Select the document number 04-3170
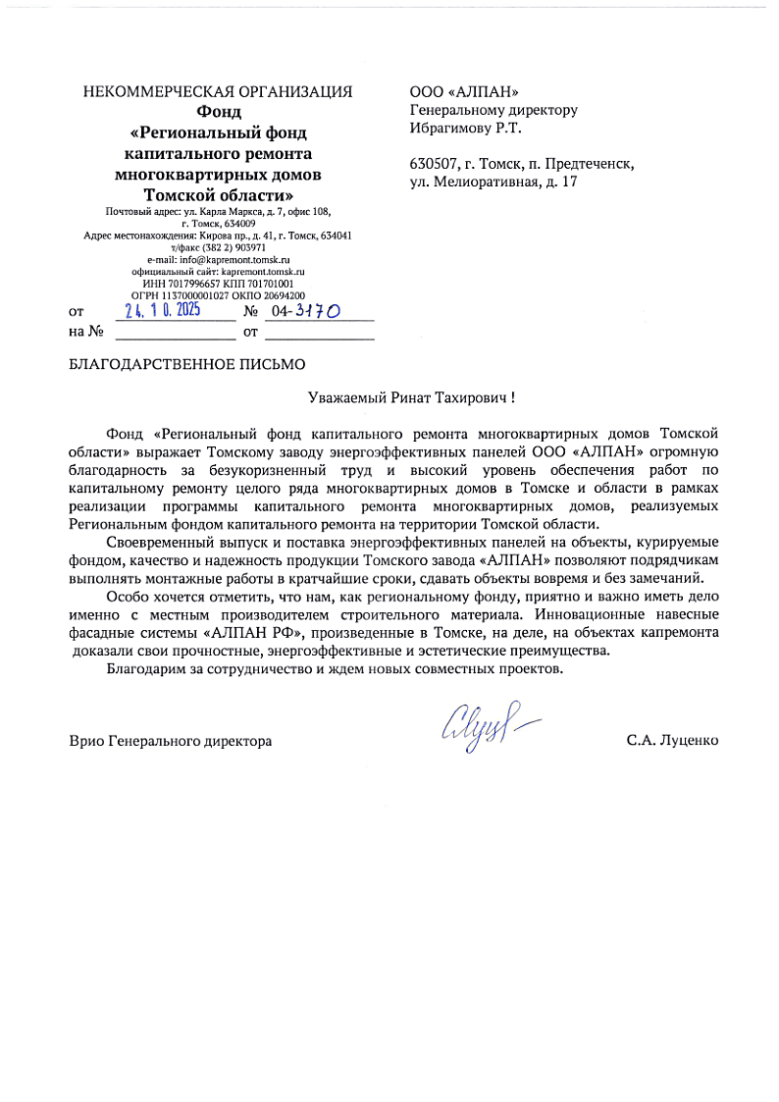[306, 312]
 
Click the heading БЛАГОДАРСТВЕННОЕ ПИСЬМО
[187, 364]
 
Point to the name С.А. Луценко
[672, 741]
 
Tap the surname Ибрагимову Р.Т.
[466, 128]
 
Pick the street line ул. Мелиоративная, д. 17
[493, 182]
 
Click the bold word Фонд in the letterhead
[218, 111]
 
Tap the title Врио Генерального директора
[171, 741]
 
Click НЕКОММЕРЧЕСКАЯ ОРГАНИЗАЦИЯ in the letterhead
[218, 92]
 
